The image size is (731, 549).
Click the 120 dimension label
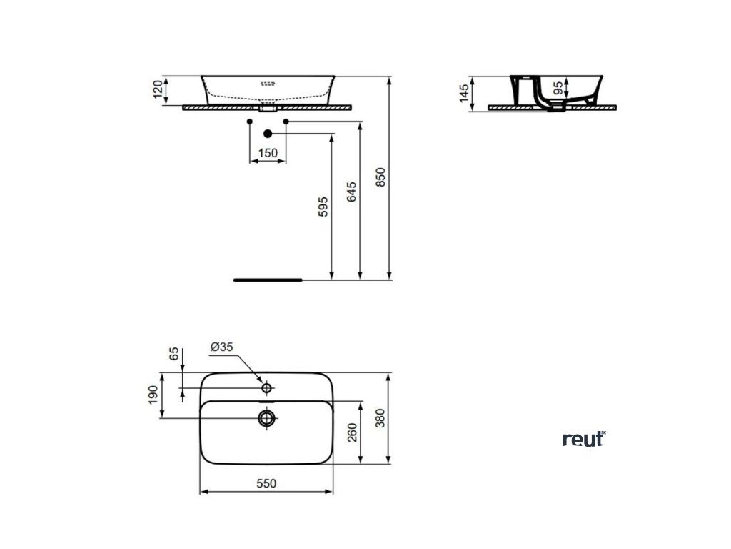(157, 91)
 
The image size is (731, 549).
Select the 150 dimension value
(267, 153)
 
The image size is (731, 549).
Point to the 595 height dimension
(323, 207)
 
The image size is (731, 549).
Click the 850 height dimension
(380, 177)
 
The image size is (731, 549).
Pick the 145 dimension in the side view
(465, 93)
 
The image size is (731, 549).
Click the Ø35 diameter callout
(222, 347)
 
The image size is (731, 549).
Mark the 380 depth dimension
(380, 417)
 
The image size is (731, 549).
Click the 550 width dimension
(266, 483)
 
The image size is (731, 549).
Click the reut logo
(583, 438)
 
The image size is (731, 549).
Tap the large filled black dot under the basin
(268, 134)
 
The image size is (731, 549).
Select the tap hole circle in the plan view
(267, 388)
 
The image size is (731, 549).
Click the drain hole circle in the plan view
(267, 417)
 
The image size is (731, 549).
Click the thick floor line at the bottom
(268, 280)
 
